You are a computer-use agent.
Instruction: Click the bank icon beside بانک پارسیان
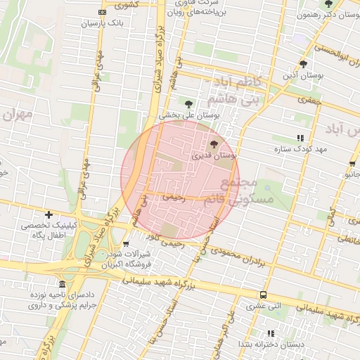click(x=102, y=13)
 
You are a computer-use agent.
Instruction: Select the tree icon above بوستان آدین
click(x=303, y=63)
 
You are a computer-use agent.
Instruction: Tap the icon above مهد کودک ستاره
click(x=300, y=139)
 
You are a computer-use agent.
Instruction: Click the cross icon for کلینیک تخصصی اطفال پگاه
click(x=49, y=214)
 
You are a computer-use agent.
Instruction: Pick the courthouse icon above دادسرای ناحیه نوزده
click(x=63, y=284)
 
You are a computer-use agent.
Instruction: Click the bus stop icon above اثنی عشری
click(x=263, y=295)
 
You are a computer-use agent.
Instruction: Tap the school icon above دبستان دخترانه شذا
click(x=271, y=333)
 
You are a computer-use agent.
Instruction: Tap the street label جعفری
click(x=309, y=100)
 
